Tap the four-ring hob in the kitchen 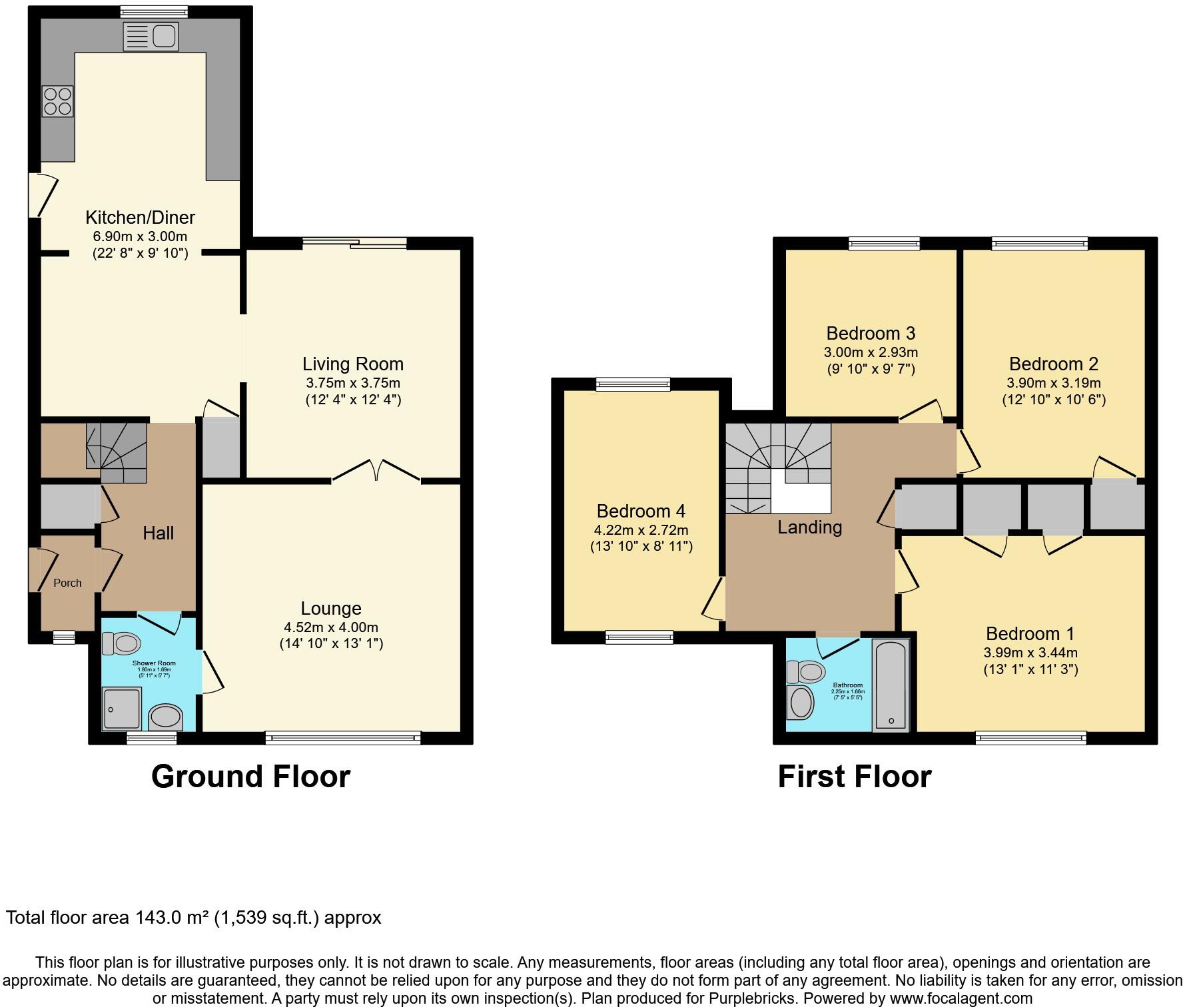pyautogui.click(x=57, y=102)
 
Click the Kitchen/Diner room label pyautogui.click(x=140, y=217)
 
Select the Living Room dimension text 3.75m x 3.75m pyautogui.click(x=353, y=383)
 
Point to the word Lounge pyautogui.click(x=331, y=608)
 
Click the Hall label pyautogui.click(x=158, y=533)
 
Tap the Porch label pyautogui.click(x=67, y=583)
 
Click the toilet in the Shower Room pyautogui.click(x=121, y=643)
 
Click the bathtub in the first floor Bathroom pyautogui.click(x=891, y=685)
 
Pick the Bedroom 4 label pyautogui.click(x=641, y=511)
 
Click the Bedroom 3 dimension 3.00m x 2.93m pyautogui.click(x=871, y=352)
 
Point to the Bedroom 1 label pyautogui.click(x=1030, y=633)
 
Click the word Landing pyautogui.click(x=810, y=527)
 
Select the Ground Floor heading pyautogui.click(x=250, y=777)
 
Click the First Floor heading pyautogui.click(x=855, y=777)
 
